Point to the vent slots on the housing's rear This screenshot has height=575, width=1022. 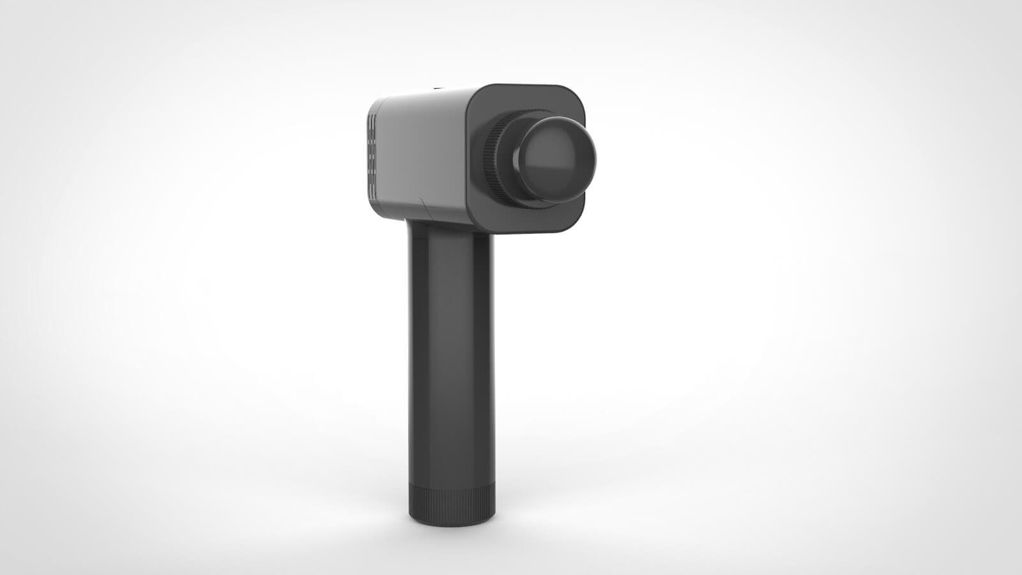point(371,153)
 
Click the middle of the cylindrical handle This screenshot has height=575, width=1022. point(451,358)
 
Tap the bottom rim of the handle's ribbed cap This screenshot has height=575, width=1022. point(451,523)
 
